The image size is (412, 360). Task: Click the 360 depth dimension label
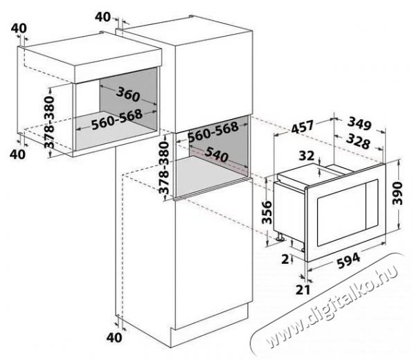tap(128, 94)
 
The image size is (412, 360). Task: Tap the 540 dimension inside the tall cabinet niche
tap(216, 154)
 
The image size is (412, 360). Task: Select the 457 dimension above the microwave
tap(303, 127)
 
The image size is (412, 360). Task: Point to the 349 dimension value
tap(359, 124)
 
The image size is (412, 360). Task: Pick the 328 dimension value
tap(358, 142)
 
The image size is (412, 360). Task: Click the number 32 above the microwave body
tap(306, 156)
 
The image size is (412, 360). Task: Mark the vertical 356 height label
tap(267, 212)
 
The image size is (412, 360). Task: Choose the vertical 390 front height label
tap(397, 193)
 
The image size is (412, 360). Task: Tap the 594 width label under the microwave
tap(348, 260)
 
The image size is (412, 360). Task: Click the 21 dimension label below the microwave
tap(303, 289)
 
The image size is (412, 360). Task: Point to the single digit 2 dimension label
tap(285, 259)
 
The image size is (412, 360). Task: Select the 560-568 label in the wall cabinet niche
tap(117, 120)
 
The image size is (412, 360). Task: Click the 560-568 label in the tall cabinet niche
tap(213, 132)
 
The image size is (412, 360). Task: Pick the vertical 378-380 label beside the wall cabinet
tap(49, 123)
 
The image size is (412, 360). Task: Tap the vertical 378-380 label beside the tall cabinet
tap(163, 168)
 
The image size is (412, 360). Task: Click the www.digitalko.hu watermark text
tap(332, 305)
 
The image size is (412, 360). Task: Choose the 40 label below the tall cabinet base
tap(114, 338)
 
